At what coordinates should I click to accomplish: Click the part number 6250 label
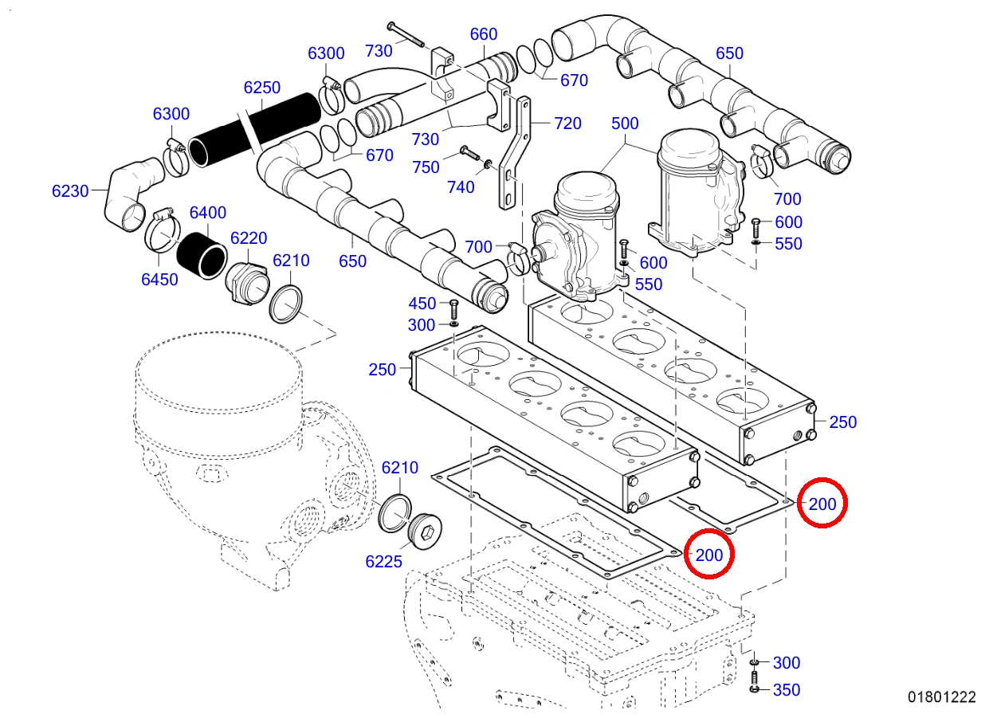261,88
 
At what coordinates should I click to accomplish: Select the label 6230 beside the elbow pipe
70,191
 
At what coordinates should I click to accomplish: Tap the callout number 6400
207,213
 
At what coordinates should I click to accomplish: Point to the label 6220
249,238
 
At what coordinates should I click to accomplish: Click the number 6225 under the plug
383,562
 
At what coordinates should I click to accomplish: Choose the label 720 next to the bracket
567,124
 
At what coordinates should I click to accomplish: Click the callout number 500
625,124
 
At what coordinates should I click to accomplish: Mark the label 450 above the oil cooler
422,304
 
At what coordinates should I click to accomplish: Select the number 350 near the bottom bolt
787,690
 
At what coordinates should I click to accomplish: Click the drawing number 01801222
942,697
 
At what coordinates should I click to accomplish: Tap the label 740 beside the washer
461,188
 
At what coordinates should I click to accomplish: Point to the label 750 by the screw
426,167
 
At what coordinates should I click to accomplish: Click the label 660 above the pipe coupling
483,34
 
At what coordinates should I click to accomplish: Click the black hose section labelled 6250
255,130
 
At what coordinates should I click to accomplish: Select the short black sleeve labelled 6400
202,256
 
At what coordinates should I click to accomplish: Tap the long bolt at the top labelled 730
406,34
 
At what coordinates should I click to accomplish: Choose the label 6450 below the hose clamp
159,280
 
